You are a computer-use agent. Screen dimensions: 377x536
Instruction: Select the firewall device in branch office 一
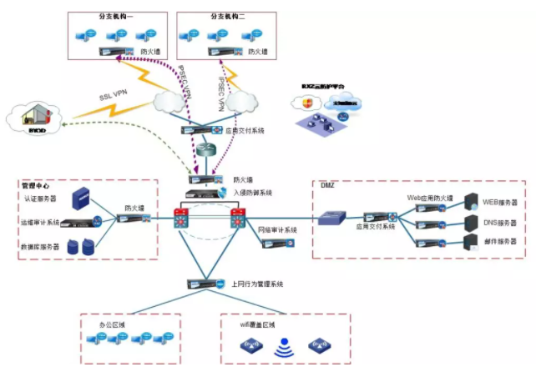coord(112,52)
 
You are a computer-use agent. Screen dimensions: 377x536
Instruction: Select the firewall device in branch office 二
coord(220,52)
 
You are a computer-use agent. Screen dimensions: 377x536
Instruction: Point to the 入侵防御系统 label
coord(253,192)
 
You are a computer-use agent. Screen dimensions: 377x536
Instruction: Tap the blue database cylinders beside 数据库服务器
coord(82,247)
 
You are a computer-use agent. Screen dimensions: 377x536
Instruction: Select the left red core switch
coord(183,219)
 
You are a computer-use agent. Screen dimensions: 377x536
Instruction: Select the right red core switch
coord(239,219)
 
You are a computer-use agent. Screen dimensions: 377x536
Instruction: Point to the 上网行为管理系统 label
coord(257,284)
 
